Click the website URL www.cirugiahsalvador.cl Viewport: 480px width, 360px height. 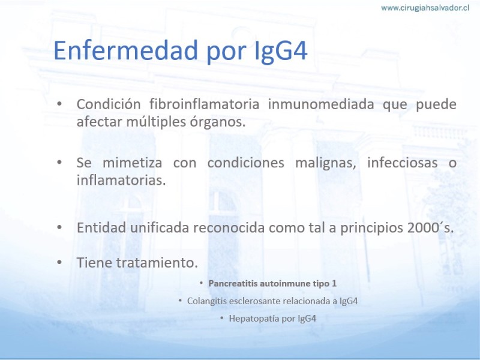425,8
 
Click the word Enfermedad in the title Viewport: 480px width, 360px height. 126,50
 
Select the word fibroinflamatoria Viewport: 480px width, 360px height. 204,104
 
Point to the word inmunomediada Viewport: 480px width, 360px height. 321,104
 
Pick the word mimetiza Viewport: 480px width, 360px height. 132,162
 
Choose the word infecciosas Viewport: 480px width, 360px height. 402,162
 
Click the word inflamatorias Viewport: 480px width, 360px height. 121,180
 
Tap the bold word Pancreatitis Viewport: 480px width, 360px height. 233,283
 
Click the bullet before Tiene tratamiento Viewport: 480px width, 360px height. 59,262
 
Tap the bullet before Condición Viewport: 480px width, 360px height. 59,104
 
